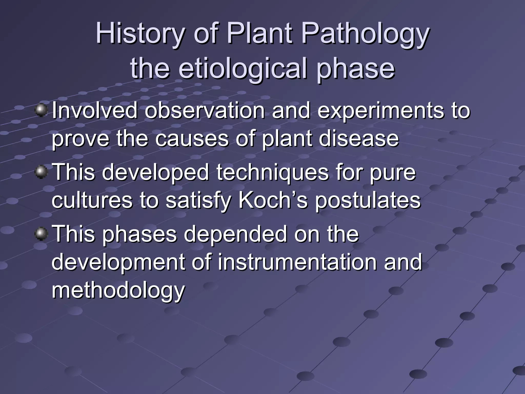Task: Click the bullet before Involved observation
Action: (x=41, y=110)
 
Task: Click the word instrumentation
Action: (x=297, y=262)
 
